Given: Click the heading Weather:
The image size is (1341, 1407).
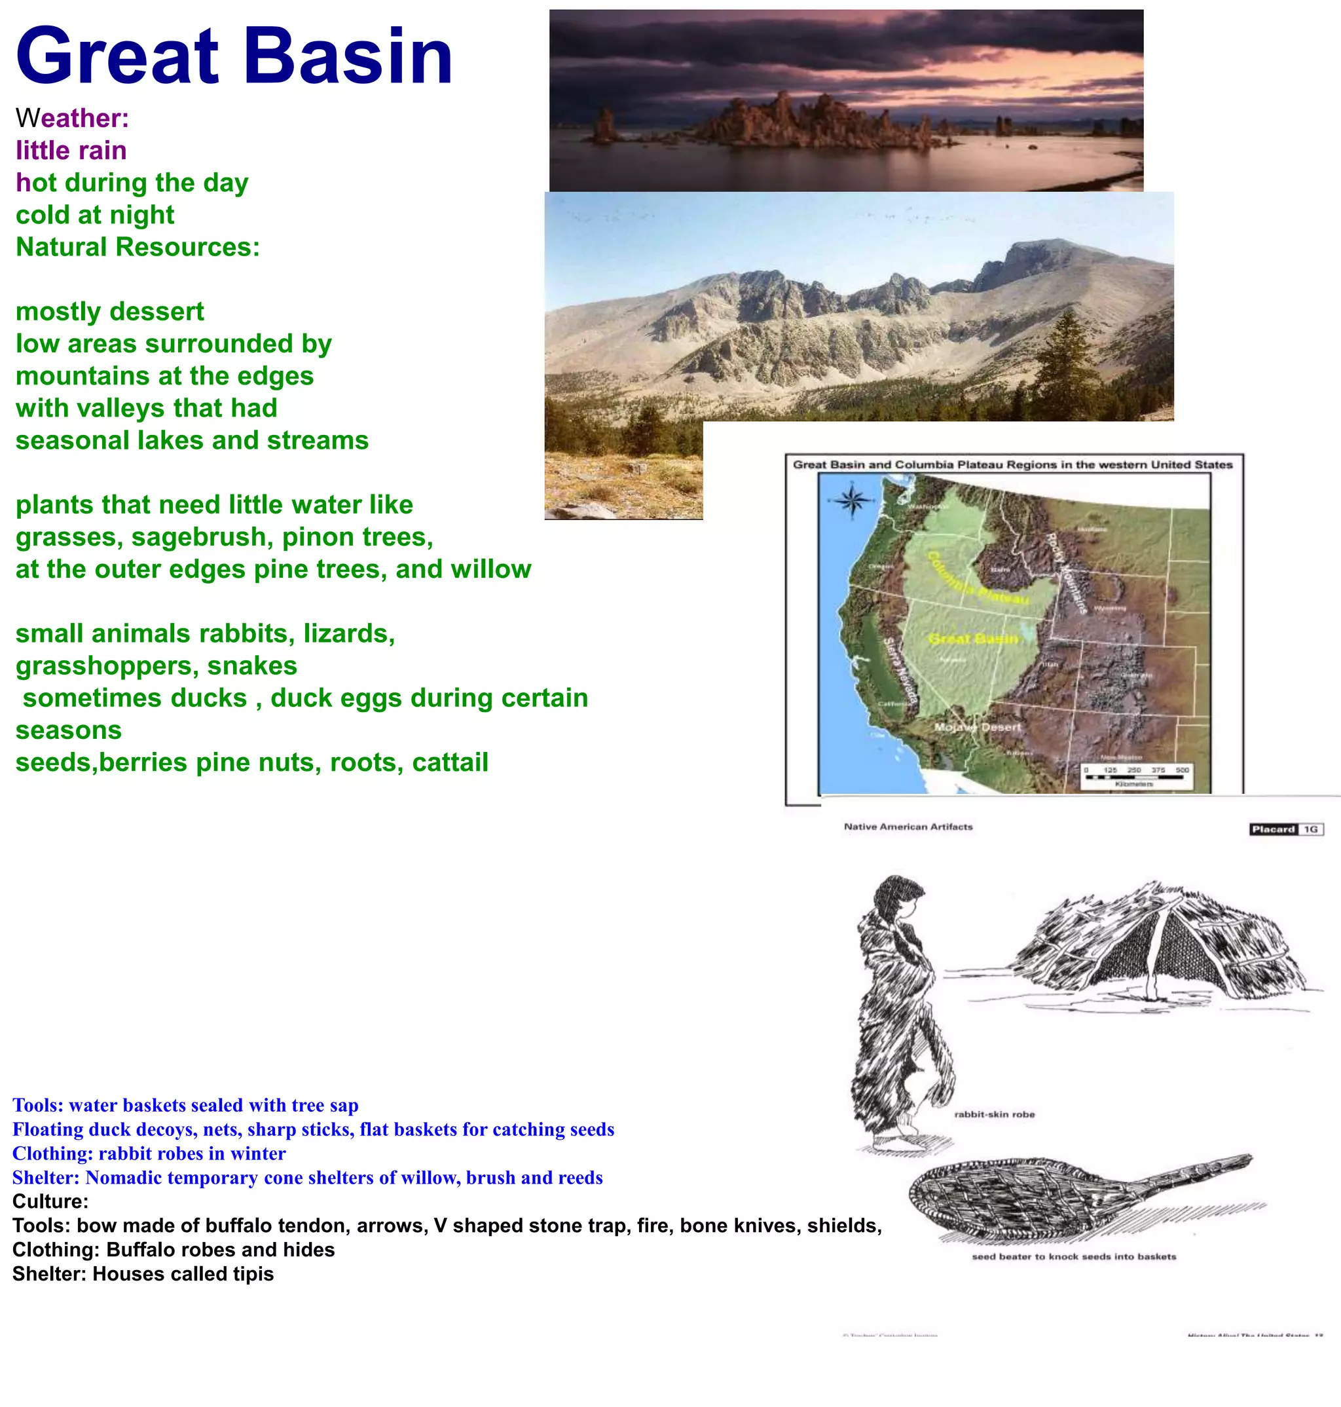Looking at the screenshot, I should coord(72,118).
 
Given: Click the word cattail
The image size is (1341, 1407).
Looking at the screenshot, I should coord(450,762).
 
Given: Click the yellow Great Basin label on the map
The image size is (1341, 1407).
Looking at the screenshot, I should coord(973,639).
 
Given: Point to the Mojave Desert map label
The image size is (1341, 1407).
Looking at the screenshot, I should coord(978,727).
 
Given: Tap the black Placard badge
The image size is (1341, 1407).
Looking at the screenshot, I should coord(1273,829).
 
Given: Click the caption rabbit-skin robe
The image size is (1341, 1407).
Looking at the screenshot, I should coord(995,1114).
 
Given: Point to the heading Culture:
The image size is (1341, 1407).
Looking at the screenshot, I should coord(50,1201).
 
